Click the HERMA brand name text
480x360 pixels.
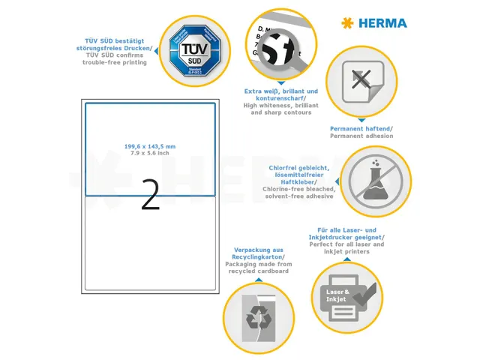click(382, 23)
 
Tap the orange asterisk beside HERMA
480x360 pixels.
click(346, 23)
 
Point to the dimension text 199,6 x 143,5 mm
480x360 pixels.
click(150, 146)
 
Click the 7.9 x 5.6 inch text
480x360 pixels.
click(150, 153)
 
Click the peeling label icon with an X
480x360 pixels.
click(362, 80)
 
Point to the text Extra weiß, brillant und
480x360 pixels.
click(281, 91)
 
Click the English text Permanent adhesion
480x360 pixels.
click(361, 136)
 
